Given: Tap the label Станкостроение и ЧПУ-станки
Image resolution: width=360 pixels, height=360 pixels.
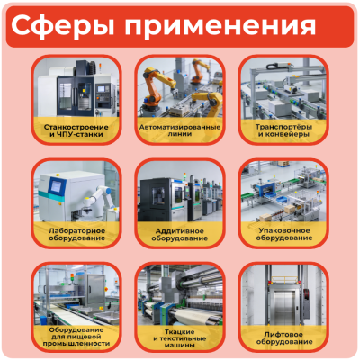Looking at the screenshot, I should (x=76, y=131).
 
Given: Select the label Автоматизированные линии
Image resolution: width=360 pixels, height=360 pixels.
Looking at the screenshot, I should (x=180, y=131).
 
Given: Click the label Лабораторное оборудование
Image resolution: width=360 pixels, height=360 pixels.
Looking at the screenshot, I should (x=76, y=234).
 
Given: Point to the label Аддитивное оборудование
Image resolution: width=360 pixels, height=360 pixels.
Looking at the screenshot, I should (x=180, y=234).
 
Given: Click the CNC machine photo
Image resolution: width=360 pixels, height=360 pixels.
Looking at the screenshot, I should (x=76, y=88).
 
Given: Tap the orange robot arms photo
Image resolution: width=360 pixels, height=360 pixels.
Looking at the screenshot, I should (x=180, y=88).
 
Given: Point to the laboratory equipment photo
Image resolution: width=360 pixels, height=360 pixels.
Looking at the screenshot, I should (x=76, y=192).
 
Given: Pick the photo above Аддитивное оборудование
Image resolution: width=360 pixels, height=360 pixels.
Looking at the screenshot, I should (x=180, y=192).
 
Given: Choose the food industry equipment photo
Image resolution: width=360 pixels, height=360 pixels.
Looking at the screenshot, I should (x=76, y=293).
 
